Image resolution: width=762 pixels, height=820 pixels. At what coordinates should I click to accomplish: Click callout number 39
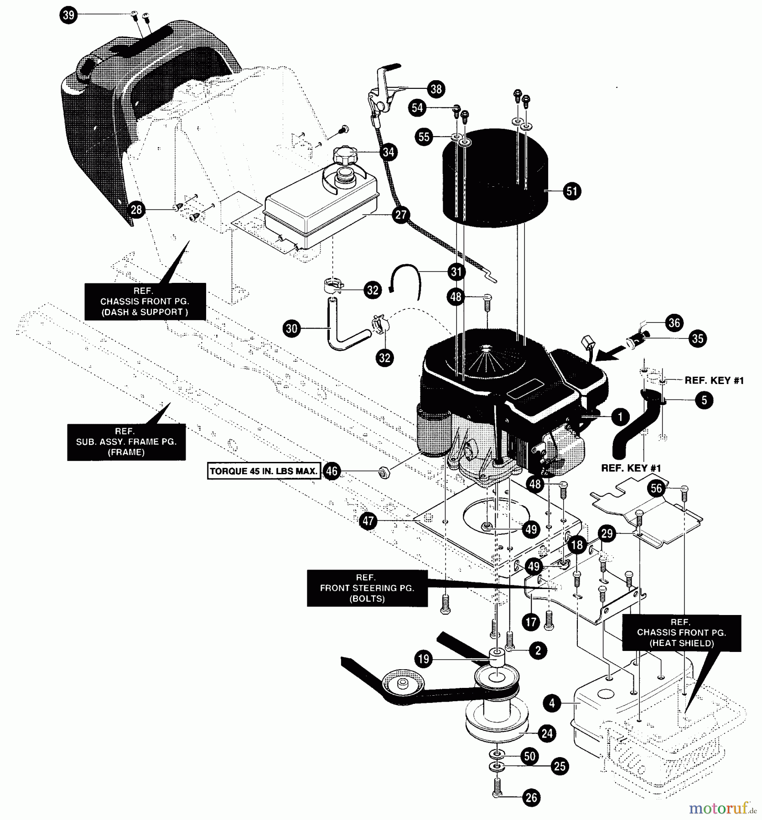[68, 15]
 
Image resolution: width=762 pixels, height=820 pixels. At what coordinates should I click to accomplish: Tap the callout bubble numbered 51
[571, 191]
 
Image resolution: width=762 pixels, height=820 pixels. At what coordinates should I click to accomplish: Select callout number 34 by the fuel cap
[388, 152]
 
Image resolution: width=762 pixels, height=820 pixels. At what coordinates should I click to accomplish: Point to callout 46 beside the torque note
[332, 471]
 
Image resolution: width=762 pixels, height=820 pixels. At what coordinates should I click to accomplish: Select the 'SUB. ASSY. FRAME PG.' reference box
[126, 441]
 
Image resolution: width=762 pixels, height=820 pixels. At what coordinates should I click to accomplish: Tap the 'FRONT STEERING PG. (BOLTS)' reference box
[367, 588]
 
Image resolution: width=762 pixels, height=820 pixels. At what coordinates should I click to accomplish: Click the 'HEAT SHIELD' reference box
[681, 632]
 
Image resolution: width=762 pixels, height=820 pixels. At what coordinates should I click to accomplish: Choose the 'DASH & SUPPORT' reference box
[145, 301]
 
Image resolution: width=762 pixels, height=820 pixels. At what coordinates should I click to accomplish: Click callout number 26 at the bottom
[531, 797]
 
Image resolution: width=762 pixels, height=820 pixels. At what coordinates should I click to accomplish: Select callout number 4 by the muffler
[552, 703]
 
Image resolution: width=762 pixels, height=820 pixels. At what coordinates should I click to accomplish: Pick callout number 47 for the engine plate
[368, 520]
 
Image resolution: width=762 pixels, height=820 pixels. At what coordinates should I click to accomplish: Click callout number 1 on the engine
[620, 416]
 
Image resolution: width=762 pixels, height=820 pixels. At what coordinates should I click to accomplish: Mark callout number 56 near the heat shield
[656, 489]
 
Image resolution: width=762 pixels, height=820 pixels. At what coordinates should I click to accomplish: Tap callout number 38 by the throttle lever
[436, 89]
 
